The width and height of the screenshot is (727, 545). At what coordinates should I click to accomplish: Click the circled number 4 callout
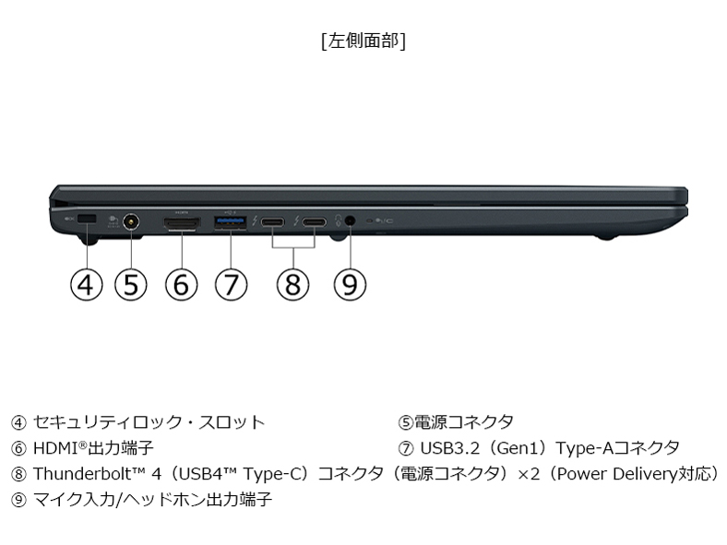click(86, 285)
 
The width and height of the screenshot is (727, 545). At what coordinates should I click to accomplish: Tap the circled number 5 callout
click(131, 285)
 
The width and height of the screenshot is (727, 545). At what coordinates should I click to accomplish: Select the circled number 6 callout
click(181, 285)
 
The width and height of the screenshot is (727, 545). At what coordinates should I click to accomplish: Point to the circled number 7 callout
click(231, 285)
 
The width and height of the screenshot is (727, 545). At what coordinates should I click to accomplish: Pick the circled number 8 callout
click(292, 285)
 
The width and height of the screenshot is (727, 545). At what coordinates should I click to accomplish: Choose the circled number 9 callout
click(350, 285)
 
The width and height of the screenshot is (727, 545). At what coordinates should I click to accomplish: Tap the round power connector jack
click(132, 222)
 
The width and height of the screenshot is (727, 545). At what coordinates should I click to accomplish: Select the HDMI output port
click(181, 223)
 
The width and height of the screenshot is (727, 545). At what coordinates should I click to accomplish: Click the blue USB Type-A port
click(231, 222)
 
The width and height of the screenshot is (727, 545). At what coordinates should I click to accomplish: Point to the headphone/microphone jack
click(350, 220)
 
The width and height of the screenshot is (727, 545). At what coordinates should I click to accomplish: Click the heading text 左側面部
click(363, 41)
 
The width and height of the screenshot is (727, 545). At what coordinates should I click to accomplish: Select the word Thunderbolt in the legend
click(82, 474)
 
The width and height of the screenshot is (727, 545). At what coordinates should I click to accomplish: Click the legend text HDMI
click(56, 448)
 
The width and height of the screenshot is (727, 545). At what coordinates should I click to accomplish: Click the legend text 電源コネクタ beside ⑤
click(464, 421)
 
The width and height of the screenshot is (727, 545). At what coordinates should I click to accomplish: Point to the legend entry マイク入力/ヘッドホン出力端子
click(152, 500)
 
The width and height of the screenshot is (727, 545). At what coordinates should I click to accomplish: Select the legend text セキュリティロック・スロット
click(149, 421)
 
